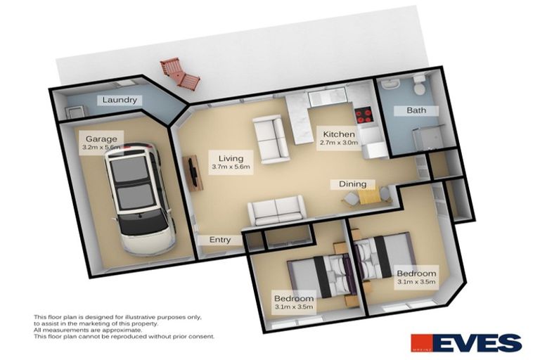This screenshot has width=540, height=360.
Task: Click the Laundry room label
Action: coord(120,100)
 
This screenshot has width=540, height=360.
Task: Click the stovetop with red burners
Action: coord(364,114)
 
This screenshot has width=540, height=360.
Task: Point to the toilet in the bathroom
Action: coord(419,86)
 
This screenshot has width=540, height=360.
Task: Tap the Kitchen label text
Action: coord(339,137)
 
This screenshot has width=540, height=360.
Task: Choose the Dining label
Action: coord(352,184)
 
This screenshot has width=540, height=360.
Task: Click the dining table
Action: coord(365,194)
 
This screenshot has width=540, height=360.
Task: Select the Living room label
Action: coord(231,162)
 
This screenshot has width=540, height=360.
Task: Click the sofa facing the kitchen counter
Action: coord(269,139)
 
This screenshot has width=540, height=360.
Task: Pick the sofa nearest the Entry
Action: coord(276,209)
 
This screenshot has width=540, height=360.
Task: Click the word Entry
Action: coord(220,240)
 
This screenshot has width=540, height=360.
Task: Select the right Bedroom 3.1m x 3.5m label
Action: coord(416,277)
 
